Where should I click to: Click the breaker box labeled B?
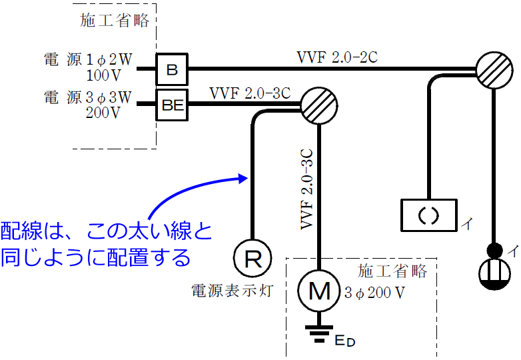pyautogui.click(x=172, y=69)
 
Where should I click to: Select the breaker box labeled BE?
pyautogui.click(x=173, y=104)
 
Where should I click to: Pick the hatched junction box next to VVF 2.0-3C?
pyautogui.click(x=319, y=104)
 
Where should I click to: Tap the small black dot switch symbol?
pyautogui.click(x=494, y=250)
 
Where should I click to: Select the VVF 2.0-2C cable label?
pyautogui.click(x=337, y=57)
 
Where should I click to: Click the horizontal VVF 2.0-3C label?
pyautogui.click(x=249, y=93)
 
